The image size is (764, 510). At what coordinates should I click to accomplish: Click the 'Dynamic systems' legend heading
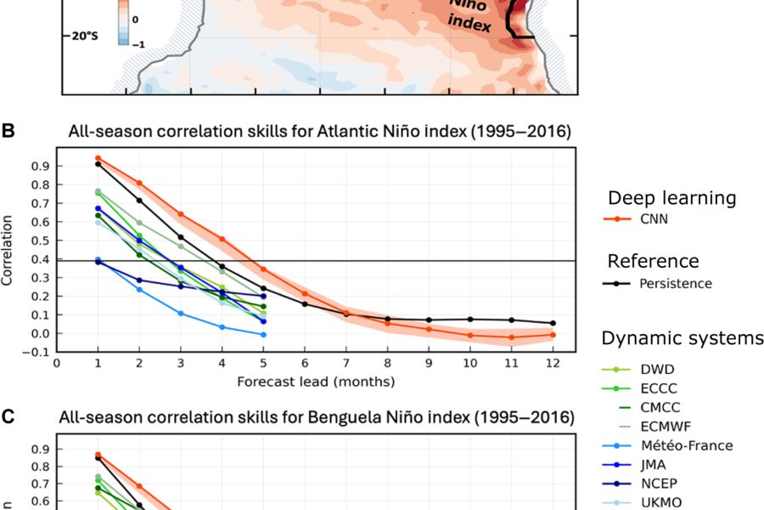[x=683, y=339]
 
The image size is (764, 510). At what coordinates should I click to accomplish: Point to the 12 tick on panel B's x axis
[x=553, y=363]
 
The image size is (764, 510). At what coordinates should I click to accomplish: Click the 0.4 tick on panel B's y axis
[x=41, y=259]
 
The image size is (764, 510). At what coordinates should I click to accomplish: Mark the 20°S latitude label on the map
[x=86, y=37]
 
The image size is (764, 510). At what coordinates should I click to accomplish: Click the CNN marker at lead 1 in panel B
[x=98, y=158]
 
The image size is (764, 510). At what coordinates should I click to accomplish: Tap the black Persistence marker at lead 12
[x=553, y=323]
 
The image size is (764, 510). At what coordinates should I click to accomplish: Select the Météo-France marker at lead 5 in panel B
[x=263, y=334]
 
